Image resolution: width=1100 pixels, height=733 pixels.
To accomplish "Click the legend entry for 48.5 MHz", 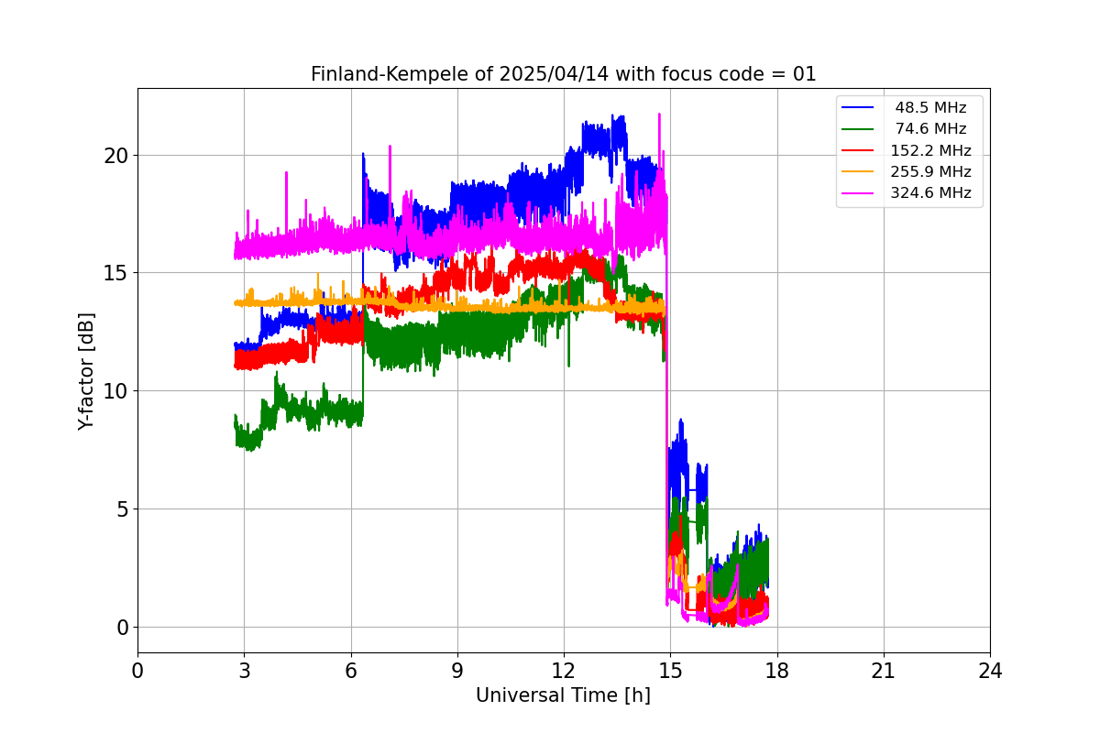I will (930, 108).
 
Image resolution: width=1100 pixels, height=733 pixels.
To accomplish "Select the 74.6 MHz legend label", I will (930, 129).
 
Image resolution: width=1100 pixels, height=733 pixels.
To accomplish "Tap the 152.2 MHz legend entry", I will (930, 150).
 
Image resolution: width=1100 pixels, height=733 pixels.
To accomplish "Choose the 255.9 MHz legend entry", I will (930, 171).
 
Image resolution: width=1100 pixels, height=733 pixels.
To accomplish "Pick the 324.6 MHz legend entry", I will (930, 192).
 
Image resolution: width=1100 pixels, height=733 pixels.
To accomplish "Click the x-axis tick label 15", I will (670, 672).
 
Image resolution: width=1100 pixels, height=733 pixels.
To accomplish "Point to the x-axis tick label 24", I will (990, 672).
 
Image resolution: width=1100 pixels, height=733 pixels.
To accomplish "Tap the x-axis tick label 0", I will (137, 672).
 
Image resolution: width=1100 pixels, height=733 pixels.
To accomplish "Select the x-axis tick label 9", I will (457, 672).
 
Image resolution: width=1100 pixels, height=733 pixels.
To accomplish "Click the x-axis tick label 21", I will (884, 672).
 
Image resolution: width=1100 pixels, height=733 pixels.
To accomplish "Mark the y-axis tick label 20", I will (115, 155).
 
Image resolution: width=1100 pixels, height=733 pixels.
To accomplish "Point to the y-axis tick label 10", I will (115, 391).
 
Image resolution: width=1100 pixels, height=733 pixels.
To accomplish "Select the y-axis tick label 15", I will (115, 273).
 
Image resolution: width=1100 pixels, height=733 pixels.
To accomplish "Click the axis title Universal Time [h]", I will (563, 695).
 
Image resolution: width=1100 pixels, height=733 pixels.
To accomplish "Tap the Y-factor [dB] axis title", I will (86, 370).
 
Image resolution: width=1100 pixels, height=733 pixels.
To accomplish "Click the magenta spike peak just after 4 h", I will (286, 172).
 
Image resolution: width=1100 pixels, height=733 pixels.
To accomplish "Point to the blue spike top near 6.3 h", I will (363, 154).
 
